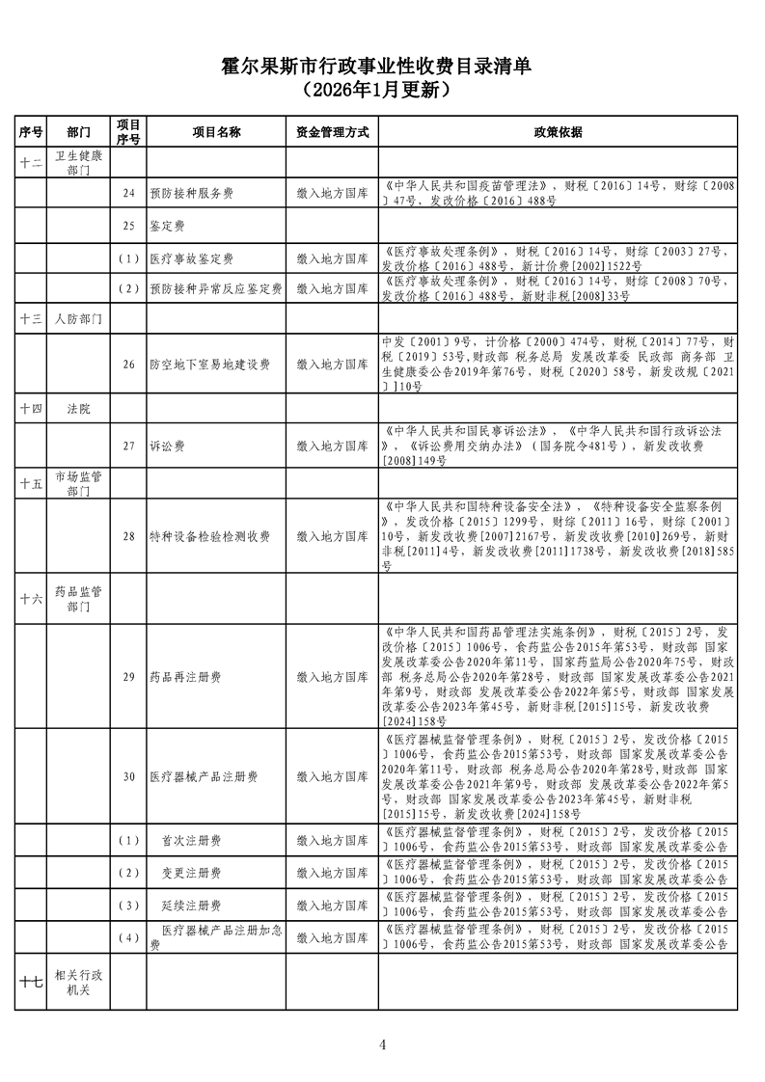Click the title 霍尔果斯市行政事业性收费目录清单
[383, 67]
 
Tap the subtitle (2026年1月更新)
[383, 90]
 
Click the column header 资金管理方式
[333, 132]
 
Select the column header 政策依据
[558, 132]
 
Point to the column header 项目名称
[216, 132]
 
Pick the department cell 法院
[79, 409]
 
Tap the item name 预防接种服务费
[191, 194]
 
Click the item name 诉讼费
[166, 446]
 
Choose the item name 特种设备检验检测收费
[209, 536]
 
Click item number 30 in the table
[128, 776]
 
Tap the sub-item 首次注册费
[191, 841]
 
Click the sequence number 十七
[31, 982]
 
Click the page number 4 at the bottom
[383, 1044]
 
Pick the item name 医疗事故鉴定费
[191, 259]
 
